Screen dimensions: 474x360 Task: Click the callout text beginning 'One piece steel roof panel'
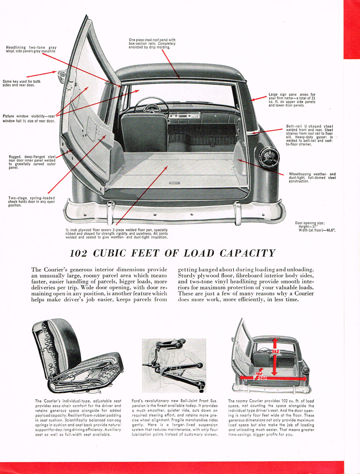[152, 43]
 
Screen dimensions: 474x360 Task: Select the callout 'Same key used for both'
[22, 83]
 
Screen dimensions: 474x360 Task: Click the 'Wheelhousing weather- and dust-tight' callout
[312, 178]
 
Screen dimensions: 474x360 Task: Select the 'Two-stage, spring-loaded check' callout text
[31, 201]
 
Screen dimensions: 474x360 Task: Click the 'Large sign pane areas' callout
[292, 100]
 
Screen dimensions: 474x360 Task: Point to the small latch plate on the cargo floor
[175, 183]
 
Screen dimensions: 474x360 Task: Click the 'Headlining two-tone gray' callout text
[31, 49]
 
